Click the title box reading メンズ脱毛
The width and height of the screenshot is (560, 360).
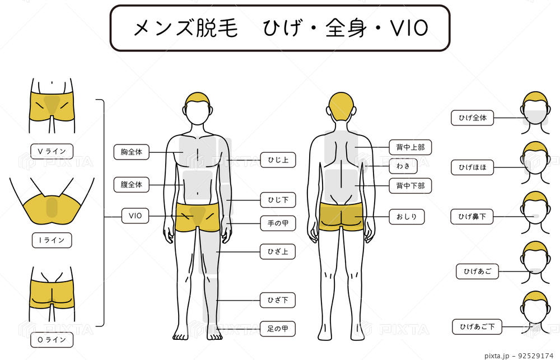(x=279, y=29)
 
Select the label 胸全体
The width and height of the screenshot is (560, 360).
(x=131, y=152)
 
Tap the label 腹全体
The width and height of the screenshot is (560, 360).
(x=131, y=184)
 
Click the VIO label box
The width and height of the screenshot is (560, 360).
(x=135, y=216)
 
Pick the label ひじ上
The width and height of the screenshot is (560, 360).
(x=278, y=160)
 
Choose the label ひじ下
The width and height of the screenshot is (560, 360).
(x=278, y=199)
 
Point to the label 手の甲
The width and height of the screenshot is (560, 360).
(x=278, y=223)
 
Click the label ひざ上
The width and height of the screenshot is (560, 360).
(x=278, y=251)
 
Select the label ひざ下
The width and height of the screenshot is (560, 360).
(x=278, y=300)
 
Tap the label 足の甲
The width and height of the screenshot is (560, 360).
(x=278, y=328)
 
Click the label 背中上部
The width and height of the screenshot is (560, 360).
(x=410, y=147)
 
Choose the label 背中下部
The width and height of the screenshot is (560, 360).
(x=410, y=185)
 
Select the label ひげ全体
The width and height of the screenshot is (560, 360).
(x=472, y=118)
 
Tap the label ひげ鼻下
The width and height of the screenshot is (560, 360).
(x=472, y=216)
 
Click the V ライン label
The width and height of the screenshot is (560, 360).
(x=52, y=151)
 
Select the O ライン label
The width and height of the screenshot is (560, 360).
(x=52, y=339)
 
